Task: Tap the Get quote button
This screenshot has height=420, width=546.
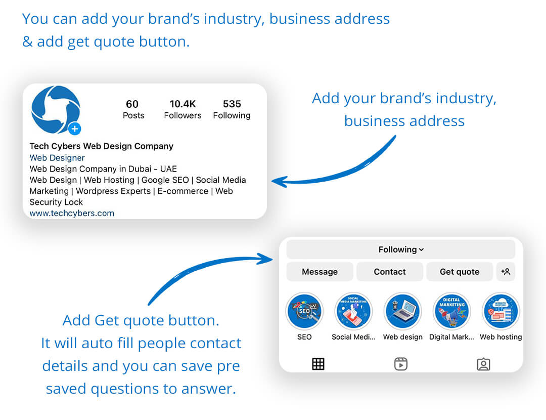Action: (459, 272)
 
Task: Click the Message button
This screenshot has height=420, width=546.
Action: (320, 272)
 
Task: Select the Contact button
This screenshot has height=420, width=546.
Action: (390, 272)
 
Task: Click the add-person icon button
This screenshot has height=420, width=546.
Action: (506, 272)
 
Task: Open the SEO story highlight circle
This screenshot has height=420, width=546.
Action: (304, 311)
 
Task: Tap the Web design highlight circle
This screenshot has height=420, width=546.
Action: (402, 311)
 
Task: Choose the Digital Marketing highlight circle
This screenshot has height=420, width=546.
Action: (451, 311)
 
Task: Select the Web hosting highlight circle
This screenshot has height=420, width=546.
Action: (500, 311)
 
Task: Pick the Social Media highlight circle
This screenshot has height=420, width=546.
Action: (353, 311)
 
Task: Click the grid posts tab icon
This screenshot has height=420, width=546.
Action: (318, 364)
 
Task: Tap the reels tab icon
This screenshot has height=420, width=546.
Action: (401, 364)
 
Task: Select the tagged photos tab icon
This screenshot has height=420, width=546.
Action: (483, 364)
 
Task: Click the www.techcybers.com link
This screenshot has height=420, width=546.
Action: (72, 213)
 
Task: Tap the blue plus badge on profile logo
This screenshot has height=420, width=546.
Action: (74, 129)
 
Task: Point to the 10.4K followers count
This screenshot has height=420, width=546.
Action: (183, 104)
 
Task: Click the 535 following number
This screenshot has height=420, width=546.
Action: (232, 104)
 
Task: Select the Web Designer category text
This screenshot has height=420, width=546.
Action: (57, 158)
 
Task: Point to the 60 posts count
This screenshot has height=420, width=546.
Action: (132, 104)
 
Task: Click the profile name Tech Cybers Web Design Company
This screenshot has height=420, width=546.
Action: (101, 146)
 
